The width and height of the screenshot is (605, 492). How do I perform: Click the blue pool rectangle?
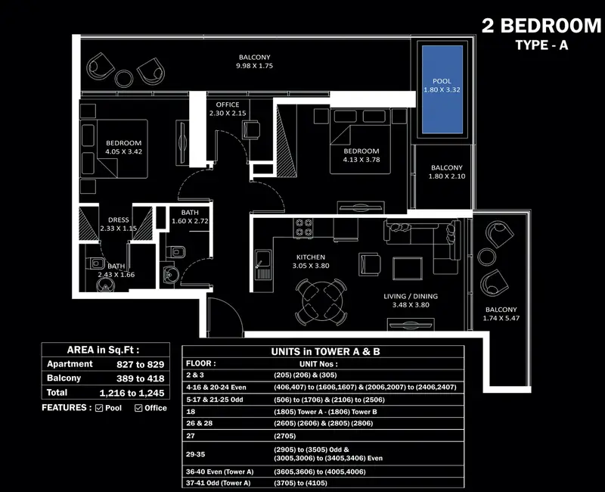(442, 89)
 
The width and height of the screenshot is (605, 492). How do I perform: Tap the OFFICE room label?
(228, 104)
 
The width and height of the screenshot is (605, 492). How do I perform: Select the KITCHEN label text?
(311, 257)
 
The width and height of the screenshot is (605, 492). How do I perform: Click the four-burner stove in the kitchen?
(303, 227)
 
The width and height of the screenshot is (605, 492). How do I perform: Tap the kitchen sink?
(263, 264)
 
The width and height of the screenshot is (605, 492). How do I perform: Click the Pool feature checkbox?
(99, 408)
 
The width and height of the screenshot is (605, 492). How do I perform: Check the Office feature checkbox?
(138, 408)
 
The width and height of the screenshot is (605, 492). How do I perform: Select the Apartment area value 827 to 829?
(141, 364)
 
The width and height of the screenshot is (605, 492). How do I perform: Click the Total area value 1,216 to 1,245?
(132, 393)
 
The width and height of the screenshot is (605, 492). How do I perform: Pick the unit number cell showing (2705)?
(285, 436)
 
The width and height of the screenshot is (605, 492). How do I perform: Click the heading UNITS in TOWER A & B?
(325, 351)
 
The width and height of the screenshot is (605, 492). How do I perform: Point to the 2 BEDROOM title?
(541, 26)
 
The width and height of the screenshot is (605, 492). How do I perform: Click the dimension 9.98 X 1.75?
(254, 66)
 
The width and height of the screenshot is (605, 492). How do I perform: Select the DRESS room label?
(119, 220)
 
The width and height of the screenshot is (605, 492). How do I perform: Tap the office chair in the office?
(251, 129)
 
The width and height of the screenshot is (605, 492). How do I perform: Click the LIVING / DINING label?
(411, 296)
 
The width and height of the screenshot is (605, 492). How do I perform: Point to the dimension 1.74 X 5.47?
(501, 318)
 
